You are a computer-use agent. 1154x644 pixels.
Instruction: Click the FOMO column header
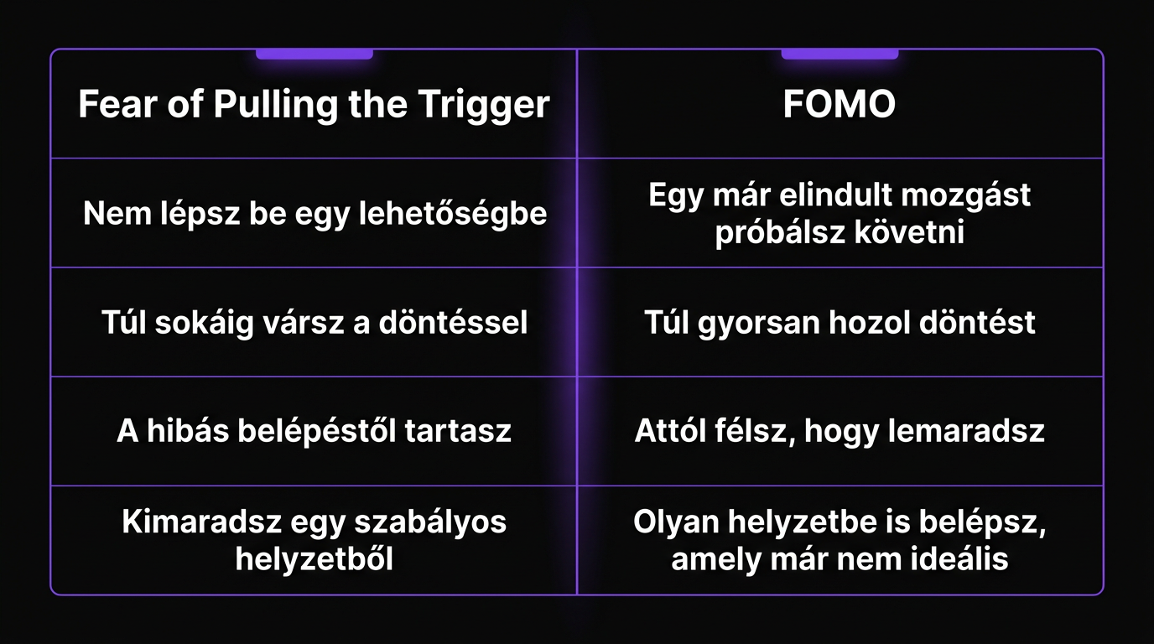coord(840,105)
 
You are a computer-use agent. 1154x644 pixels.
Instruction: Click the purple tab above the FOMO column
coord(840,55)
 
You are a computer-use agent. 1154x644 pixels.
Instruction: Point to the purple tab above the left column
coord(314,55)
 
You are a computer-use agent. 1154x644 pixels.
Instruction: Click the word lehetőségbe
coord(453,214)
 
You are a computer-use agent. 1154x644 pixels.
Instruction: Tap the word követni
coord(909,231)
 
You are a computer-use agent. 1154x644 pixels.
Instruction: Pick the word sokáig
coord(205,324)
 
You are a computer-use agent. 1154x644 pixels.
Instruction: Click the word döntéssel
coord(454,323)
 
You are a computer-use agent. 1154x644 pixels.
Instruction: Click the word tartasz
coord(458,432)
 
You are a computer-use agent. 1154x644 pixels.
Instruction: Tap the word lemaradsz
coord(966,431)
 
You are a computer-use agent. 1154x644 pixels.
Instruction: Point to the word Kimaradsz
coord(201,522)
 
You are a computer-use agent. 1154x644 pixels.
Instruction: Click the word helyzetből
coord(314,559)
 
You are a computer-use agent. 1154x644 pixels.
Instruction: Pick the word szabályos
coord(430,523)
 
